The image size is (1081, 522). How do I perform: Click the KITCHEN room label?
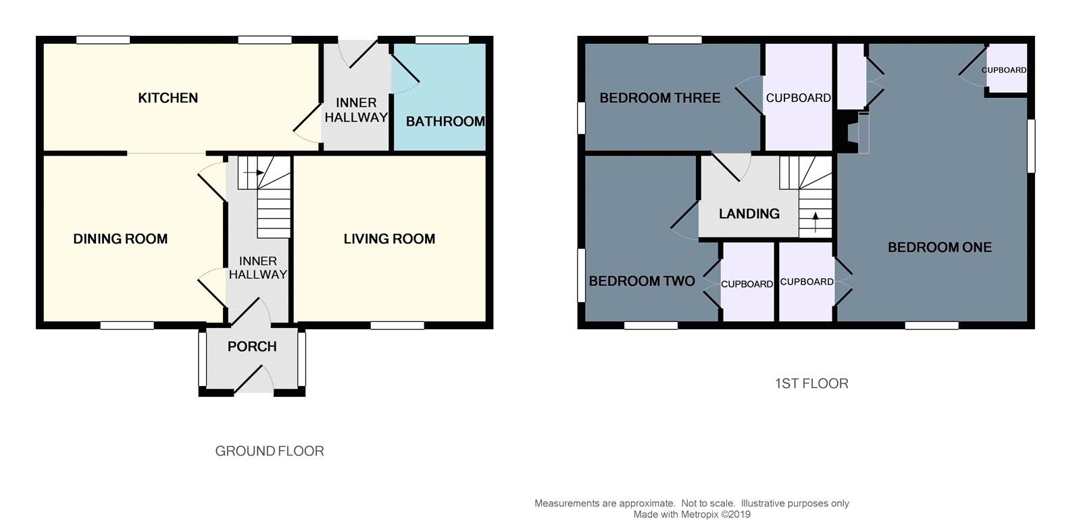point(168,98)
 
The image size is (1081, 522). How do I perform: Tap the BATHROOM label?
point(445,122)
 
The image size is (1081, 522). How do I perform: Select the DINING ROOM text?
point(120,239)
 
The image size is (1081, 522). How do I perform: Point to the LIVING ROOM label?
point(389,239)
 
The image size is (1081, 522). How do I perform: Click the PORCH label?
point(252,347)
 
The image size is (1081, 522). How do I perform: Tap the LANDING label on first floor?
point(749,214)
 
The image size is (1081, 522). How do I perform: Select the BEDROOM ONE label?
point(939,247)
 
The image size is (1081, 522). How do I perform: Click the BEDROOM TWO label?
point(642,281)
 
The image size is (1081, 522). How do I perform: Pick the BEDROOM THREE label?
point(659,98)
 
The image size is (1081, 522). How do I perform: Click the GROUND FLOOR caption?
point(270,451)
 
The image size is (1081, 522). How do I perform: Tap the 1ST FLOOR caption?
point(811,383)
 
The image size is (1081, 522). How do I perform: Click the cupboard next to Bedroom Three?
point(798,98)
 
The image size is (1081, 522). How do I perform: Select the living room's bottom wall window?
point(397,326)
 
